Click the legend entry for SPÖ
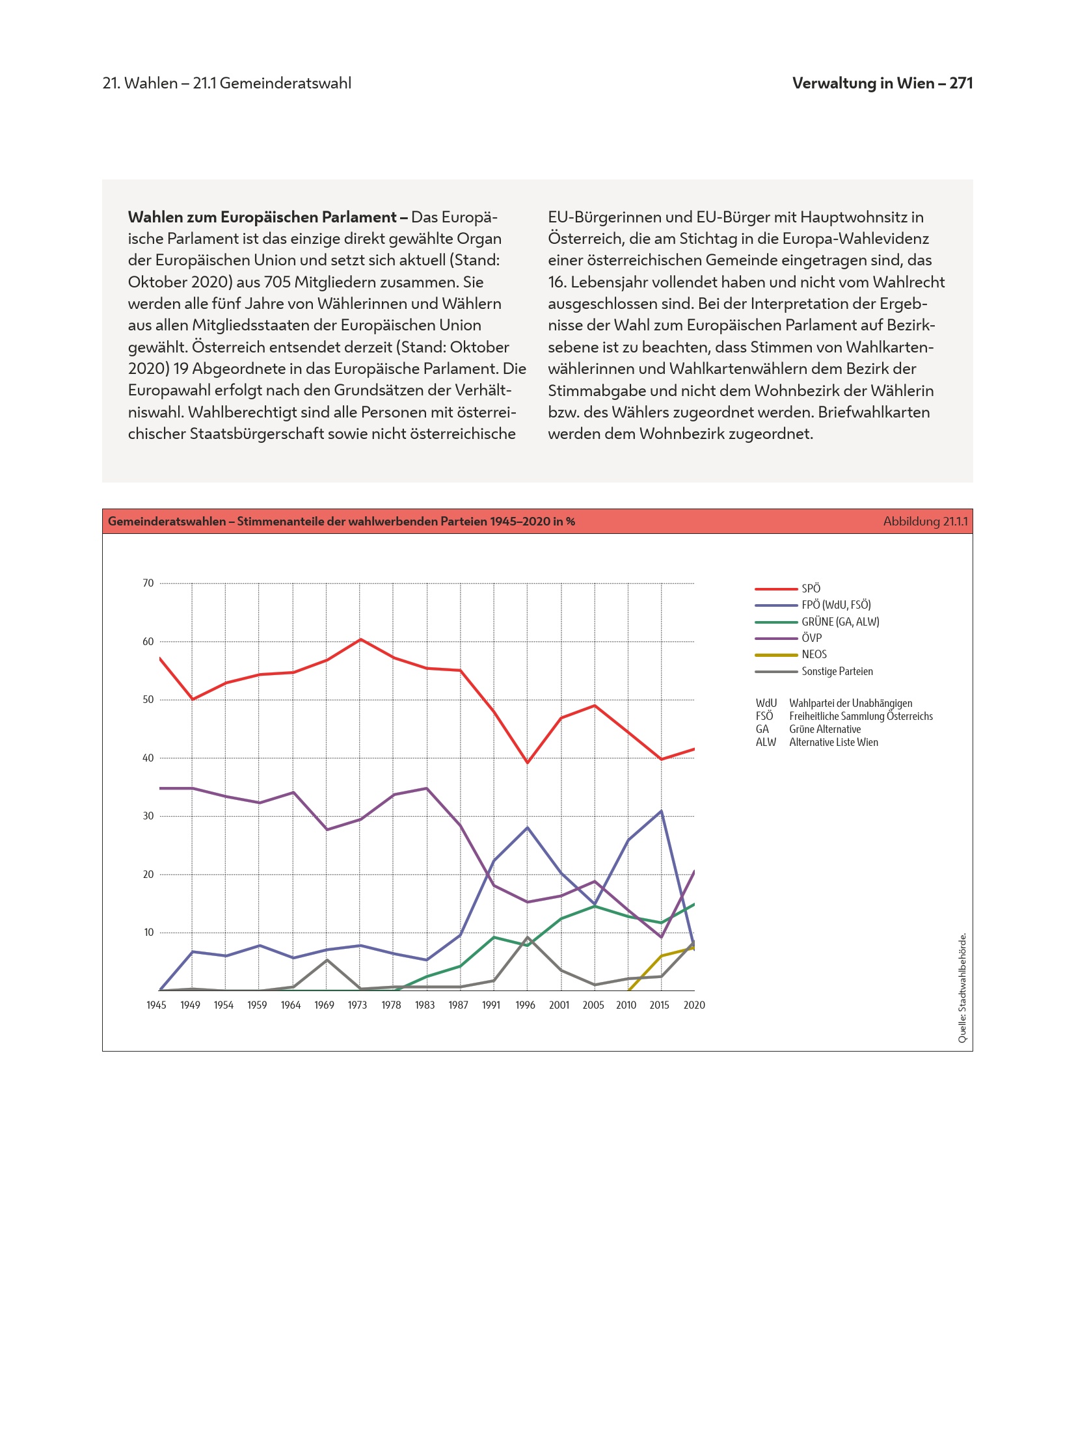811,589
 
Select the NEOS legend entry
814,655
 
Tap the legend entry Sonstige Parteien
837,671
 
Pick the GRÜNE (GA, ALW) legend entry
840,622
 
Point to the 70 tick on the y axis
148,583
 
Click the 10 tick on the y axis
148,933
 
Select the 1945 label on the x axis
156,1005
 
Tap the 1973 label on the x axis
357,1005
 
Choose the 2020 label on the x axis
694,1005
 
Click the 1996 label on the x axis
525,1005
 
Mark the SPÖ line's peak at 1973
360,639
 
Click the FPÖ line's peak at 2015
662,811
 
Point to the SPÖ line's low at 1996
528,762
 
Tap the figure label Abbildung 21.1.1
925,522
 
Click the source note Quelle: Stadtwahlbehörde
962,988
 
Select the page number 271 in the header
961,83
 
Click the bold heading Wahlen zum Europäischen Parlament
262,217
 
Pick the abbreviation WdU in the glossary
766,703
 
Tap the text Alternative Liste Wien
833,742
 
